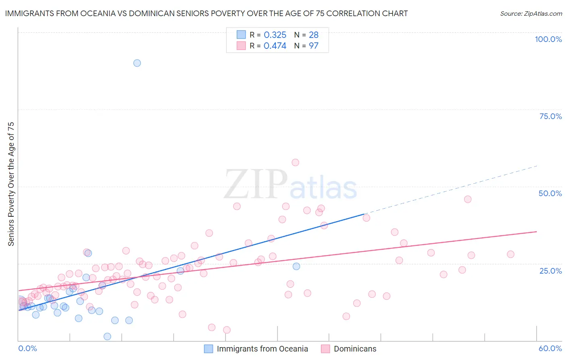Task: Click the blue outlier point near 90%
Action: point(137,63)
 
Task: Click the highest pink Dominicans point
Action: point(295,162)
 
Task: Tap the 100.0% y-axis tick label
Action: point(548,39)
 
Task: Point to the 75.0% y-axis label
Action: point(550,116)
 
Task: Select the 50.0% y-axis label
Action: point(550,193)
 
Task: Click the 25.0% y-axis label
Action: point(550,270)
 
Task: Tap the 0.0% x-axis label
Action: point(27,348)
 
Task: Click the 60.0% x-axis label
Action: point(550,348)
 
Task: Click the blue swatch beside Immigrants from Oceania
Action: point(208,349)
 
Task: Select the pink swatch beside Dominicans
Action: point(325,349)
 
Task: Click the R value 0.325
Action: point(275,35)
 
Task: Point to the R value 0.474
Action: point(275,46)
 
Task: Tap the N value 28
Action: point(314,35)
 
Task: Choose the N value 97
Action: point(314,46)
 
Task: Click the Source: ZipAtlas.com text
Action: point(531,14)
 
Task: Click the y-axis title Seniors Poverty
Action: point(11,184)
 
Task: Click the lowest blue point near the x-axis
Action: point(107,337)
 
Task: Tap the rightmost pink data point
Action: point(511,254)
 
